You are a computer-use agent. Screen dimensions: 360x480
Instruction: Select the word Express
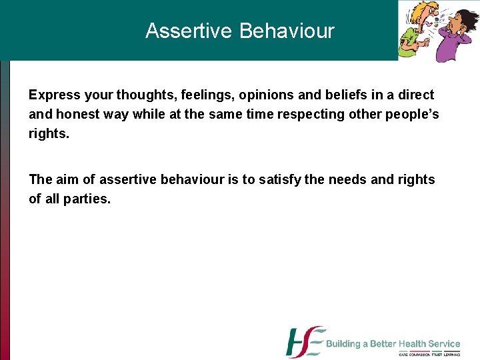tap(54, 95)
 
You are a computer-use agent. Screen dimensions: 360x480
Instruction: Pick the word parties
tap(87, 199)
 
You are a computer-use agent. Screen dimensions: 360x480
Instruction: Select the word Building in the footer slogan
tap(347, 344)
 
